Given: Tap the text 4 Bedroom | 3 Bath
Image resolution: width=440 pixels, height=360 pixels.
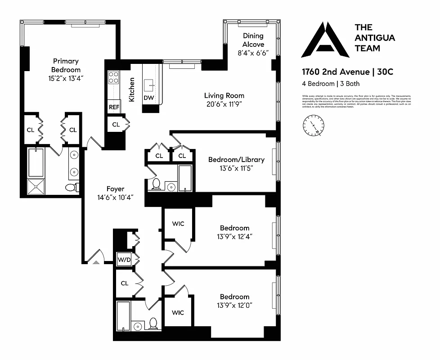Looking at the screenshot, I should click(x=331, y=84).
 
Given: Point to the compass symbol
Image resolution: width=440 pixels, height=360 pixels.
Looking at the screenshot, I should click(x=314, y=125).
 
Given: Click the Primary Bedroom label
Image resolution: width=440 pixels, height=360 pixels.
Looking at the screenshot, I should click(x=66, y=65).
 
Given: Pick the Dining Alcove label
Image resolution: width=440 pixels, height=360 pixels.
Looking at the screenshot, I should click(x=253, y=40).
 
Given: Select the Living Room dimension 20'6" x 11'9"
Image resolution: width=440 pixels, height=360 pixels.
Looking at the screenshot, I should click(x=224, y=104).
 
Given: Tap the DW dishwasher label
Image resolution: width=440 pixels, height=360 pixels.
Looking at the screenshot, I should click(x=148, y=98).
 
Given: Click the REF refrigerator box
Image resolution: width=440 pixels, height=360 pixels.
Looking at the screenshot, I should click(x=113, y=108).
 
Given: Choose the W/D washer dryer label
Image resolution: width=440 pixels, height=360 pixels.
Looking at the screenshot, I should click(x=124, y=260).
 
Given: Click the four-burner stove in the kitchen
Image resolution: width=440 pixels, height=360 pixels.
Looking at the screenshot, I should click(x=113, y=78).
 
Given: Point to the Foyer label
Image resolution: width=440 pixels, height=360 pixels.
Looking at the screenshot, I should click(x=115, y=189).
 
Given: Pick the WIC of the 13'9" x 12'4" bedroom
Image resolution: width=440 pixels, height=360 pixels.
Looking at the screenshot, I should click(x=178, y=224).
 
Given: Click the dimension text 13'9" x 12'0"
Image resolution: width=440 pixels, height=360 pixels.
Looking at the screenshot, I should click(x=234, y=305).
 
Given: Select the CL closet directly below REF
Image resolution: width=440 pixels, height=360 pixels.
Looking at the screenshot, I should click(x=116, y=124).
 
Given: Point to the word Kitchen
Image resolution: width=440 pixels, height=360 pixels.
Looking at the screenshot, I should click(x=132, y=89).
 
